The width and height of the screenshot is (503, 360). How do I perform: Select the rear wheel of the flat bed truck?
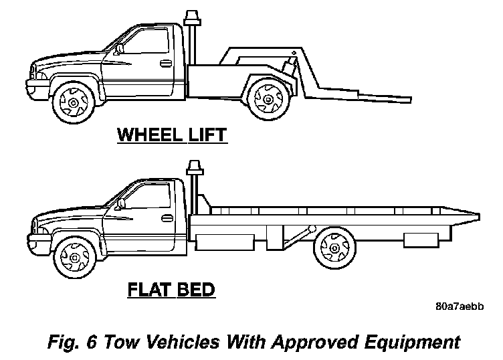click(x=332, y=246)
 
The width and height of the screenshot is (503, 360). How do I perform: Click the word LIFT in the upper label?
click(x=205, y=136)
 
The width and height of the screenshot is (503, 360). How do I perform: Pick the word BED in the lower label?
click(x=195, y=290)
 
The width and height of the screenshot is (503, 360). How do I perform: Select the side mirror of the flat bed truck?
click(x=122, y=202)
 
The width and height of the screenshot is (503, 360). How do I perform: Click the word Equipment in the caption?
click(x=411, y=343)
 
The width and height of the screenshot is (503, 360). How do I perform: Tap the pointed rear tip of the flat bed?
click(x=477, y=216)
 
